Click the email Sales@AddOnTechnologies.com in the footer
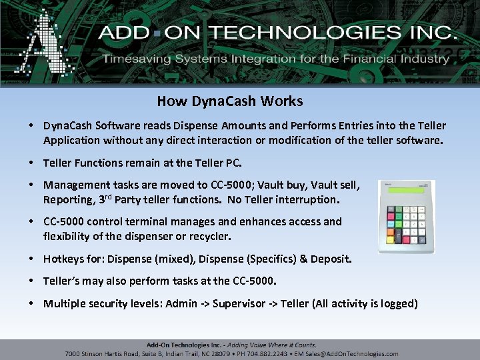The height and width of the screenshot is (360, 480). [x=359, y=354]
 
